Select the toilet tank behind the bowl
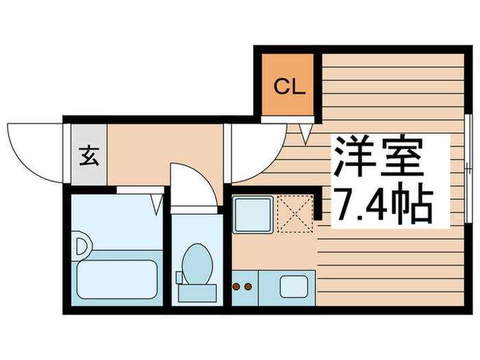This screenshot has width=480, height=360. point(198,292)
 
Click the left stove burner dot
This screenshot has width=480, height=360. point(237,284)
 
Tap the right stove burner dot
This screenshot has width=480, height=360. point(248,284)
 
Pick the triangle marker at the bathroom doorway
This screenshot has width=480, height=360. point(157,202)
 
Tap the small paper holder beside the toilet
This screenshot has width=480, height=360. point(179,276)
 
